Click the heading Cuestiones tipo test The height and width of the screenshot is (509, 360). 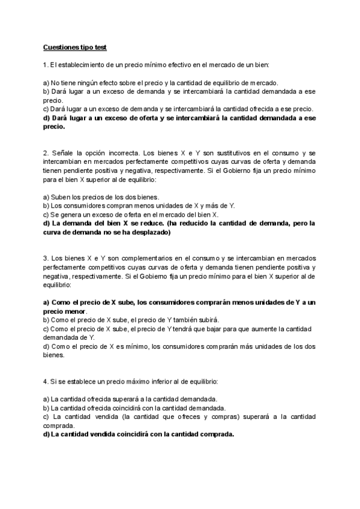point(75,47)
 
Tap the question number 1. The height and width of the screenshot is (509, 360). point(45,64)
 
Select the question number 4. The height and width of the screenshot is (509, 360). point(45,382)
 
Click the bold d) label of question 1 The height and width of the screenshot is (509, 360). point(47,118)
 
